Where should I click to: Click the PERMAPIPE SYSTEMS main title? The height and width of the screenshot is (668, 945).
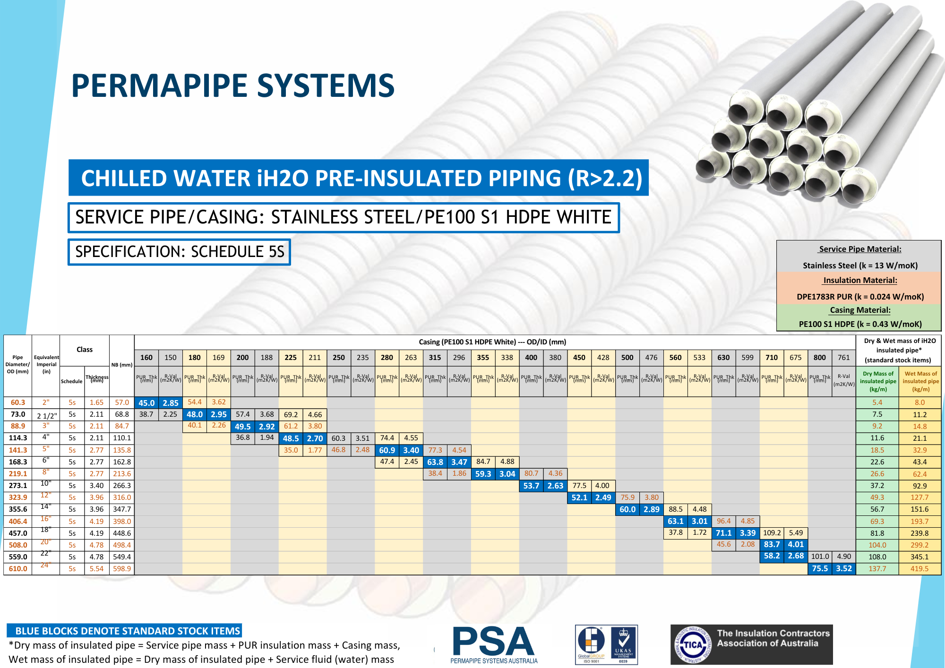point(232,86)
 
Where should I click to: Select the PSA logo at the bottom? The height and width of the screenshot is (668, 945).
point(494,644)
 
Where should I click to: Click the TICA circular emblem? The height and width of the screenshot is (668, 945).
point(693,645)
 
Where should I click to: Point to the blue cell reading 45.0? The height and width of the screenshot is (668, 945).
point(146,403)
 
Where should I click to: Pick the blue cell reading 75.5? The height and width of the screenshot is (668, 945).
point(820,569)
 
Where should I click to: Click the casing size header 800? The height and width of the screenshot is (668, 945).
point(820,358)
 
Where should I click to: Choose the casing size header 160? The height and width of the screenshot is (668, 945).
point(146,358)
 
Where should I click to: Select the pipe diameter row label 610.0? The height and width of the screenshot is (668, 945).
point(18,569)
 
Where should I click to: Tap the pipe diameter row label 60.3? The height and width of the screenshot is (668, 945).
point(18,403)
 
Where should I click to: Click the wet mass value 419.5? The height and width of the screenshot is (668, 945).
point(919,569)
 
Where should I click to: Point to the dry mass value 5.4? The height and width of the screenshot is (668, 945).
point(877,403)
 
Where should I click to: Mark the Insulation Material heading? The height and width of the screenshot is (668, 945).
point(860,280)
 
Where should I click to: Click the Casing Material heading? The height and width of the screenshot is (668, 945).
point(860,310)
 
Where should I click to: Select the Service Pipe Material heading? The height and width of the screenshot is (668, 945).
point(860,249)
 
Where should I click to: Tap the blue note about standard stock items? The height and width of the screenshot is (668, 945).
point(124,631)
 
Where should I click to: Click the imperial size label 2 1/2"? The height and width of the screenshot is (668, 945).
point(47,416)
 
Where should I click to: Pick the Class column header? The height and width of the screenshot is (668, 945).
point(85,350)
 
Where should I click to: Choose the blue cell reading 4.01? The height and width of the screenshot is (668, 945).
point(796,545)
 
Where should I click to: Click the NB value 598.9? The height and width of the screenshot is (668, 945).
point(122,569)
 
